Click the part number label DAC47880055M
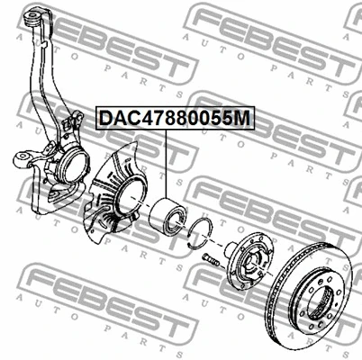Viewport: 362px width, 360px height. click(x=175, y=118)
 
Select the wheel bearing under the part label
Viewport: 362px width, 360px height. click(x=168, y=215)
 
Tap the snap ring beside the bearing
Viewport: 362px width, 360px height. click(x=200, y=234)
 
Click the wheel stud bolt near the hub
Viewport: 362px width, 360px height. click(x=211, y=260)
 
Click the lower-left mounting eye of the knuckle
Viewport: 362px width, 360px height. click(x=21, y=159)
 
